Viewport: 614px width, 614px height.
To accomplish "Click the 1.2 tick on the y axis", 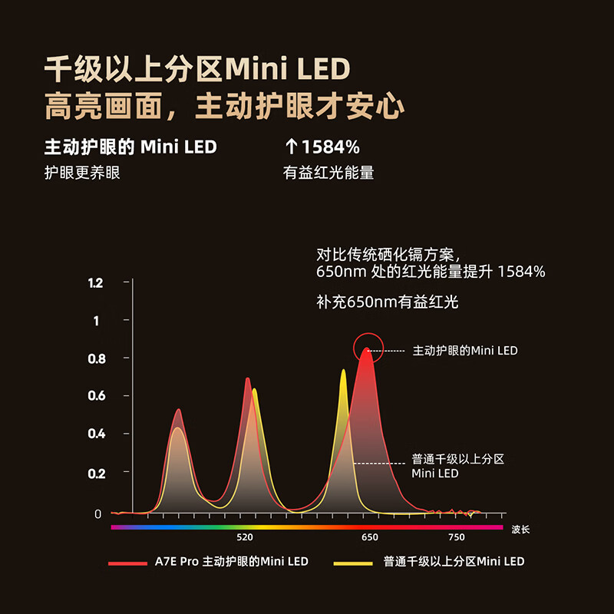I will [96, 283].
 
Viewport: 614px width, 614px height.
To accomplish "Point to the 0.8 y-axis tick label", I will [96, 358].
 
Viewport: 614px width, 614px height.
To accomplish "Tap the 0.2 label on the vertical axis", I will [96, 472].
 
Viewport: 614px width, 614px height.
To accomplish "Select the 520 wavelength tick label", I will [245, 537].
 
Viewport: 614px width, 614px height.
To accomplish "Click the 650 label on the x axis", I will [370, 537].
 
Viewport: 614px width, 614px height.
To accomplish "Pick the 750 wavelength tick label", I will [457, 537].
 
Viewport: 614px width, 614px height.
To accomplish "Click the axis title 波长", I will [520, 530].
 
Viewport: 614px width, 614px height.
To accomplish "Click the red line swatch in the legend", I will [127, 563].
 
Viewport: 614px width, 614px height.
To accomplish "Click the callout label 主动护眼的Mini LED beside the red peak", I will [465, 351].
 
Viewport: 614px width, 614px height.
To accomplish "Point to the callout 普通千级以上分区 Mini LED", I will [457, 467].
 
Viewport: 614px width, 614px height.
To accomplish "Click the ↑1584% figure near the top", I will [322, 147].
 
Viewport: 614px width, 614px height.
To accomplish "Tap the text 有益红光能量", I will [328, 173].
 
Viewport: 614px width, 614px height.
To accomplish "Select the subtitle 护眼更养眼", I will [83, 173].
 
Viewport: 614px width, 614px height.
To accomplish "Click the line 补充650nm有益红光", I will [387, 302].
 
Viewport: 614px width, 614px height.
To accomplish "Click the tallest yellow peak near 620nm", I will [343, 371].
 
